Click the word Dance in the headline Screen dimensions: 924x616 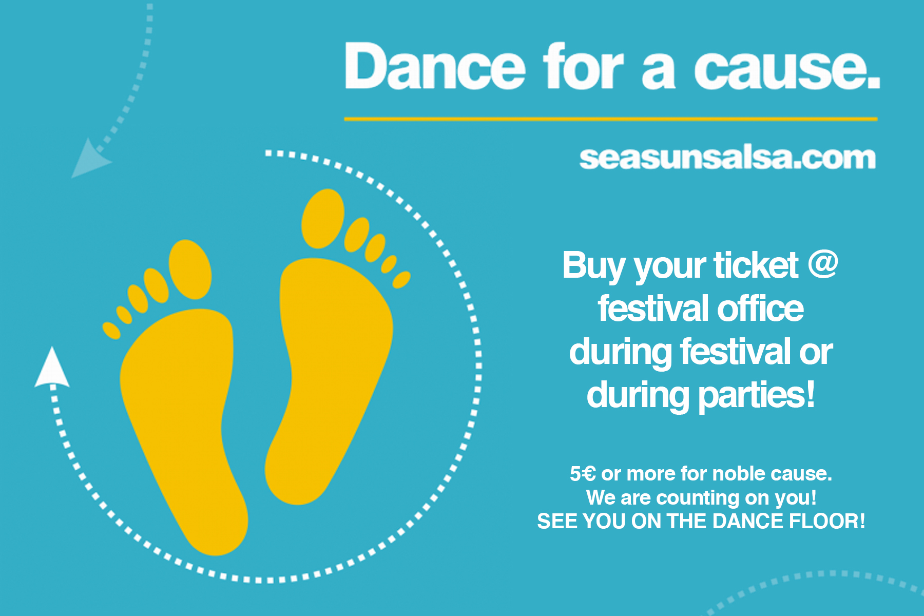pos(435,66)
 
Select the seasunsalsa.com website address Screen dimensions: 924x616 pos(727,158)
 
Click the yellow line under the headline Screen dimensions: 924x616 pos(610,119)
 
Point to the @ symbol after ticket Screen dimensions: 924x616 pos(823,265)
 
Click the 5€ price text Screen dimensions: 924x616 pos(583,473)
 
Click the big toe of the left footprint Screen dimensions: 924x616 pos(190,269)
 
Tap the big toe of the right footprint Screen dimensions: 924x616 pos(323,219)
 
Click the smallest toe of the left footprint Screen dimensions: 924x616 pos(111,331)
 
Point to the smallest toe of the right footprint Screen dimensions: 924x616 pos(401,280)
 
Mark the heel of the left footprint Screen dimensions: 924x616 pos(216,529)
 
